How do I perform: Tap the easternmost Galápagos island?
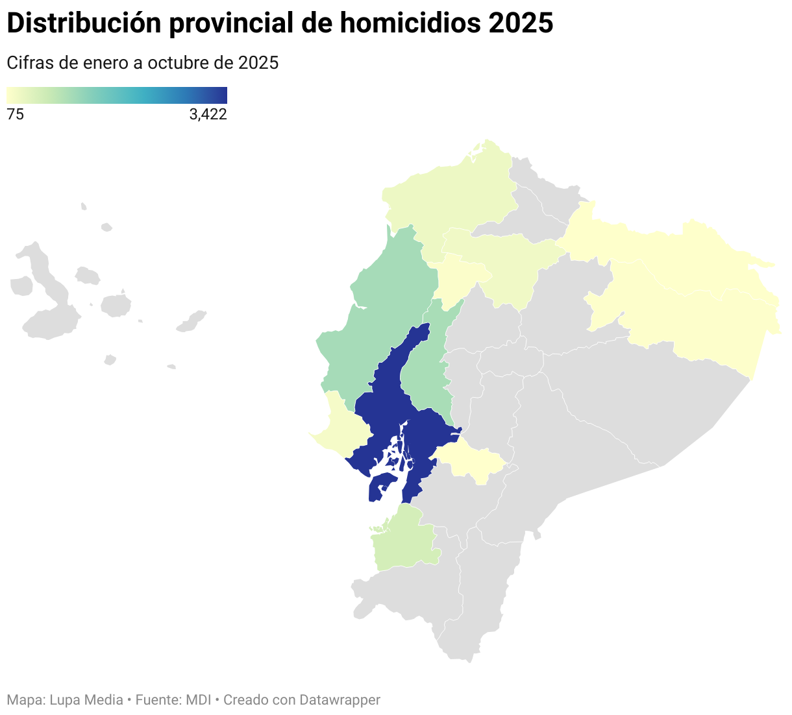(x=192, y=321)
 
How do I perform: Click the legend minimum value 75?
(x=15, y=115)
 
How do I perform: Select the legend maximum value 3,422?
(x=208, y=115)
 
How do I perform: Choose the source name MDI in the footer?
(x=198, y=700)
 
